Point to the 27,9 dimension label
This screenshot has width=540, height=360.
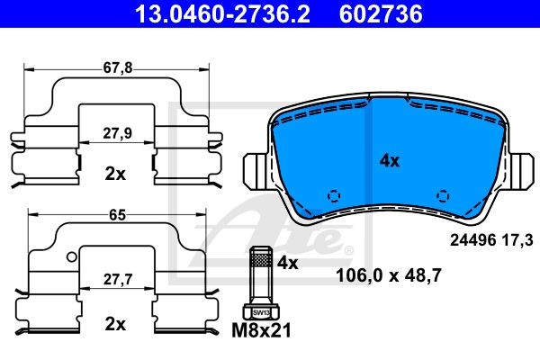(x=114, y=132)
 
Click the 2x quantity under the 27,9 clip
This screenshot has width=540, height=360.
(x=114, y=173)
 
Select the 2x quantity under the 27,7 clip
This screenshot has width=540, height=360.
(x=114, y=323)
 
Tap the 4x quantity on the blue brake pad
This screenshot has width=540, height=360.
(x=389, y=161)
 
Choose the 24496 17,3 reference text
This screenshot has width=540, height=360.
(x=490, y=239)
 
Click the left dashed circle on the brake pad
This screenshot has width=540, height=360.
(x=332, y=195)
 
